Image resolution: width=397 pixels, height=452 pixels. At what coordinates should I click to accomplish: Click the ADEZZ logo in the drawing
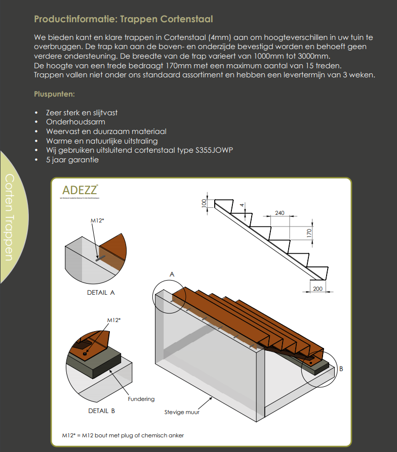pyautogui.click(x=80, y=191)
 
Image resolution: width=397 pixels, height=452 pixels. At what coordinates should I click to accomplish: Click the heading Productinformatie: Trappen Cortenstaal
pyautogui.click(x=123, y=19)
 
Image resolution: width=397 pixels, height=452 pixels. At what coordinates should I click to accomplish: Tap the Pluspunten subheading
pyautogui.click(x=54, y=94)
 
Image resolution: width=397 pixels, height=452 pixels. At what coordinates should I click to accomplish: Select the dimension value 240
pyautogui.click(x=280, y=213)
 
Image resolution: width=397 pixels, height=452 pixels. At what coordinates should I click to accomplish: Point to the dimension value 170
pyautogui.click(x=308, y=233)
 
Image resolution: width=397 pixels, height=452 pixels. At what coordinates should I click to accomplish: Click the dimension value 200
pyautogui.click(x=318, y=288)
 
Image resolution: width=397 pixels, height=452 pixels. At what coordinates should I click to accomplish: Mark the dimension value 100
pyautogui.click(x=204, y=203)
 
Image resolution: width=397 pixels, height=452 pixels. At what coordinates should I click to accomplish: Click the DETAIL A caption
pyautogui.click(x=101, y=292)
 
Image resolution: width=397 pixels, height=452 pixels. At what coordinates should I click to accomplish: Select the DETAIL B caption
pyautogui.click(x=101, y=411)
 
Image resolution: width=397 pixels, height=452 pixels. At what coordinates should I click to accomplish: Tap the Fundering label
pyautogui.click(x=141, y=399)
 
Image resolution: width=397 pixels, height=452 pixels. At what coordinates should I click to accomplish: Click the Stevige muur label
pyautogui.click(x=182, y=412)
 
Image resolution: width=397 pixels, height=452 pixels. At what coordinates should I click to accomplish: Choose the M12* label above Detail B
pyautogui.click(x=113, y=320)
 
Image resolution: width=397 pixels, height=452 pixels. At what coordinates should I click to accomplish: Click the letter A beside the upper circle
pyautogui.click(x=172, y=274)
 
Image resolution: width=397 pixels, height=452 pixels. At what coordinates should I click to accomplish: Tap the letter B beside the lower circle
pyautogui.click(x=341, y=369)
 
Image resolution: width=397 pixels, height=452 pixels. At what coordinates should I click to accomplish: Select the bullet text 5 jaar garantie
pyautogui.click(x=72, y=160)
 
